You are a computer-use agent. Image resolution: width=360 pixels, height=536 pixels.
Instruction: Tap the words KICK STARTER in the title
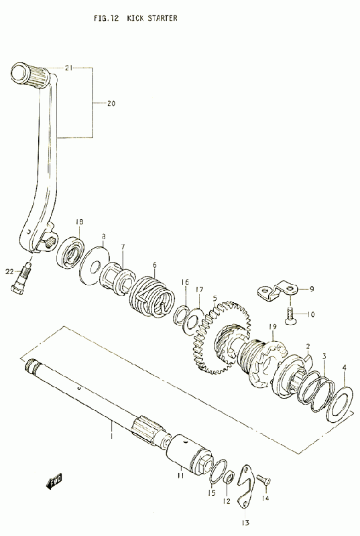[152, 18]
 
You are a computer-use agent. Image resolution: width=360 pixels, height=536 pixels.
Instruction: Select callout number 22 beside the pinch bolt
[9, 272]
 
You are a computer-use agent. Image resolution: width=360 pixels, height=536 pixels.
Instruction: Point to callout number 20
[111, 103]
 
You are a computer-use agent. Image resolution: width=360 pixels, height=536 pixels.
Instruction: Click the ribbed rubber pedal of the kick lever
[31, 74]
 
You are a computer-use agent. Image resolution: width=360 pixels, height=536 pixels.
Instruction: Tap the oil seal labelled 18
[70, 253]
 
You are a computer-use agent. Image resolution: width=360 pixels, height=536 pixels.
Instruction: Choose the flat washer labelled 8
[95, 265]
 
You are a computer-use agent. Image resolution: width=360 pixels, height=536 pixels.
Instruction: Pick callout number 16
[185, 282]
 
